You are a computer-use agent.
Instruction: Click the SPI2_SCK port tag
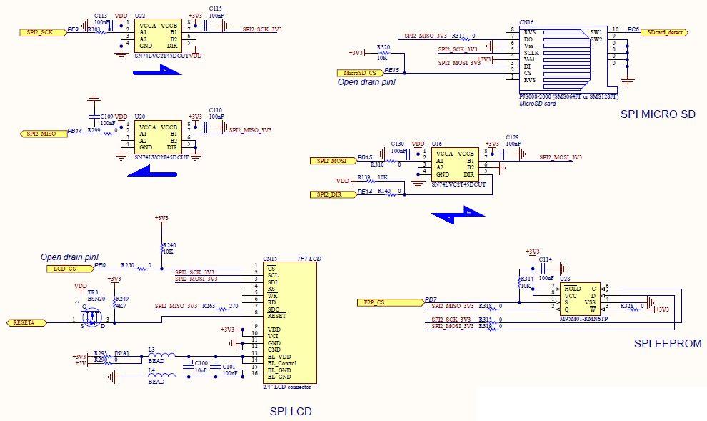coord(39,32)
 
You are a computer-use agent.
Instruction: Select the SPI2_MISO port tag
coord(40,134)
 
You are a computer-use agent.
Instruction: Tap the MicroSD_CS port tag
coord(360,73)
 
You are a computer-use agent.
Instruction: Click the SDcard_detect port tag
coord(664,33)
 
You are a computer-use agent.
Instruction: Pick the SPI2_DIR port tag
coord(331,194)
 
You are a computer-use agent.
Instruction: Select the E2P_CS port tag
coord(378,302)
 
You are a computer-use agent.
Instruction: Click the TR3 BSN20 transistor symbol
coord(90,314)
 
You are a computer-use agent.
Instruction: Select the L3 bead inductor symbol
coord(161,356)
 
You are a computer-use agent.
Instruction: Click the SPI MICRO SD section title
coord(657,114)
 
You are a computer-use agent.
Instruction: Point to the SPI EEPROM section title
coord(667,343)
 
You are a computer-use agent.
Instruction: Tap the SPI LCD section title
coord(290,411)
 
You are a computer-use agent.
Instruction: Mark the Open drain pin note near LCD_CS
coord(69,257)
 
